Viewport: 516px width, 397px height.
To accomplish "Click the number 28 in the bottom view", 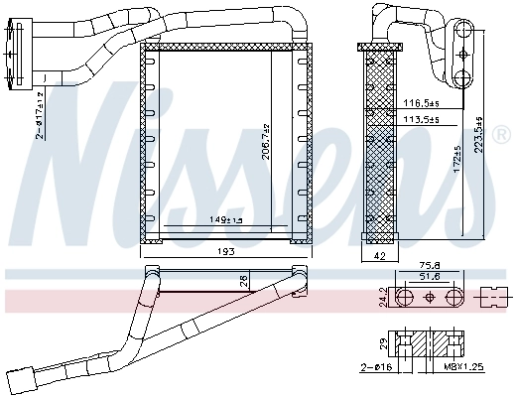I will click(x=243, y=282).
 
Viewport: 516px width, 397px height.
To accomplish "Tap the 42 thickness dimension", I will click(x=378, y=255).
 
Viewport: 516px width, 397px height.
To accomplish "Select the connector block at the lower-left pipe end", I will click(x=20, y=378).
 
